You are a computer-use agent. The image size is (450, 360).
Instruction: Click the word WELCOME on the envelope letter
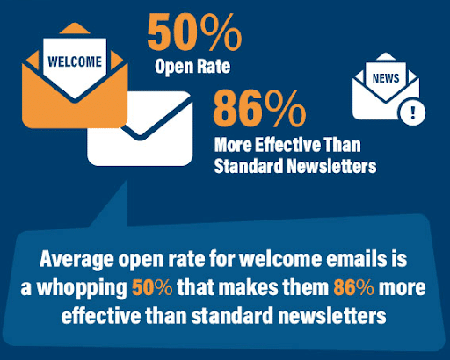pos(75,61)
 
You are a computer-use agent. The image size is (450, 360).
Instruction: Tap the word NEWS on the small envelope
pos(386,78)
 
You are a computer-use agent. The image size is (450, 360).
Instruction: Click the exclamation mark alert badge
pos(413,112)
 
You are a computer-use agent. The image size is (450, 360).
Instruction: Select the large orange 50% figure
pos(194,32)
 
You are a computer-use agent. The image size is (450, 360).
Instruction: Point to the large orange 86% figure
pos(259,108)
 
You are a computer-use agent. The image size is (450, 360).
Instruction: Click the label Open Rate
pos(192,67)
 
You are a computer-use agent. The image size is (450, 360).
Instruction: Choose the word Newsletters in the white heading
pos(331,166)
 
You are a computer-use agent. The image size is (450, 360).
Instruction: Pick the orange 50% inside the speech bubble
pos(152,287)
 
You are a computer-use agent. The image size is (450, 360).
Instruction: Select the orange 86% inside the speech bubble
pos(353,287)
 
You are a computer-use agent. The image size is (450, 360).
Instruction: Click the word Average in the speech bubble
pos(76,260)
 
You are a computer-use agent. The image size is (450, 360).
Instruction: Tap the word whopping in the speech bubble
pos(82,289)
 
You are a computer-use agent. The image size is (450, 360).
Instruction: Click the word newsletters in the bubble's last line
pos(332,315)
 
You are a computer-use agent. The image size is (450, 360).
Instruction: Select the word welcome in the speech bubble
pos(280,258)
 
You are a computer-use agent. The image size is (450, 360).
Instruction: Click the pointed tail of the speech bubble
pos(127,182)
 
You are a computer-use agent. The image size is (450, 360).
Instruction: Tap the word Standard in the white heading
pos(249,166)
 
